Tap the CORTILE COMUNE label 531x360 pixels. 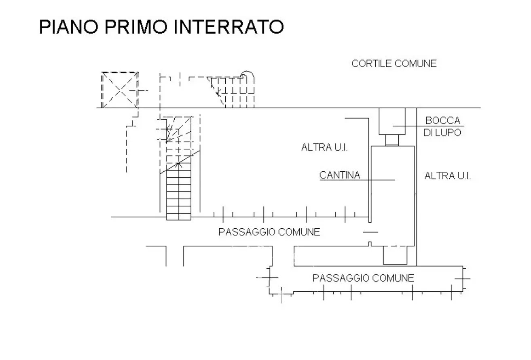coord(394,63)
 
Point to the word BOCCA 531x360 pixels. coord(442,120)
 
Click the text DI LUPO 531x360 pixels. coord(442,132)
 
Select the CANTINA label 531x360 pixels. coord(340,175)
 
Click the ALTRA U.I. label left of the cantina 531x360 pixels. coord(324,147)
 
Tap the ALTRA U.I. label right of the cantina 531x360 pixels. coord(448,176)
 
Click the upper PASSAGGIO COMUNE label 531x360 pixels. coord(269,232)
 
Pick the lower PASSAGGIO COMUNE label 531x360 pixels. coord(363,278)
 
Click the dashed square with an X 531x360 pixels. coord(120,90)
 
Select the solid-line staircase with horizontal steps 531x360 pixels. coord(178,192)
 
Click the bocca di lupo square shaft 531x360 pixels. coord(391,121)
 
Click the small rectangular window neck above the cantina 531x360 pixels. coord(391,140)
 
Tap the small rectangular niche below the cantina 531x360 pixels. coord(395,255)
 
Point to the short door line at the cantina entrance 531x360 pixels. coord(370,232)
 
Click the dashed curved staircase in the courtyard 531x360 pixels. coord(232,91)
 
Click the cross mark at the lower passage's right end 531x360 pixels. coord(462,278)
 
